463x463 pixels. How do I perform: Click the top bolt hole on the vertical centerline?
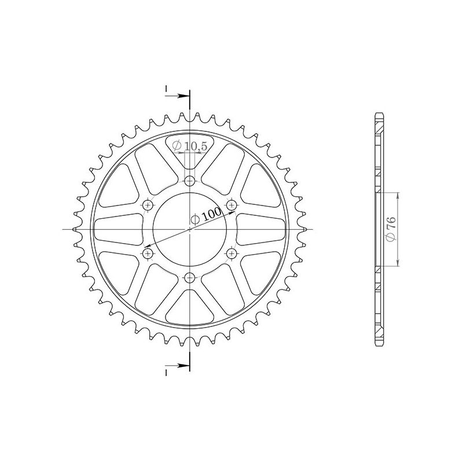pyautogui.click(x=190, y=181)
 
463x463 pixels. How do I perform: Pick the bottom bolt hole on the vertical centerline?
pyautogui.click(x=190, y=278)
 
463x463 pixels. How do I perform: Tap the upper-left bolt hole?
pyautogui.click(x=148, y=204)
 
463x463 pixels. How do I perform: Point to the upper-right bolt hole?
pyautogui.click(x=232, y=204)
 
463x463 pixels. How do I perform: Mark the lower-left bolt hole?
pyautogui.click(x=148, y=253)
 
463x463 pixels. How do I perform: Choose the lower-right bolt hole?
pyautogui.click(x=232, y=253)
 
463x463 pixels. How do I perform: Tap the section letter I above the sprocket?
pyautogui.click(x=166, y=89)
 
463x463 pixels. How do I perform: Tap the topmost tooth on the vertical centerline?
pyautogui.click(x=190, y=115)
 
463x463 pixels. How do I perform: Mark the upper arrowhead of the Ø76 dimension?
pyautogui.click(x=398, y=194)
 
